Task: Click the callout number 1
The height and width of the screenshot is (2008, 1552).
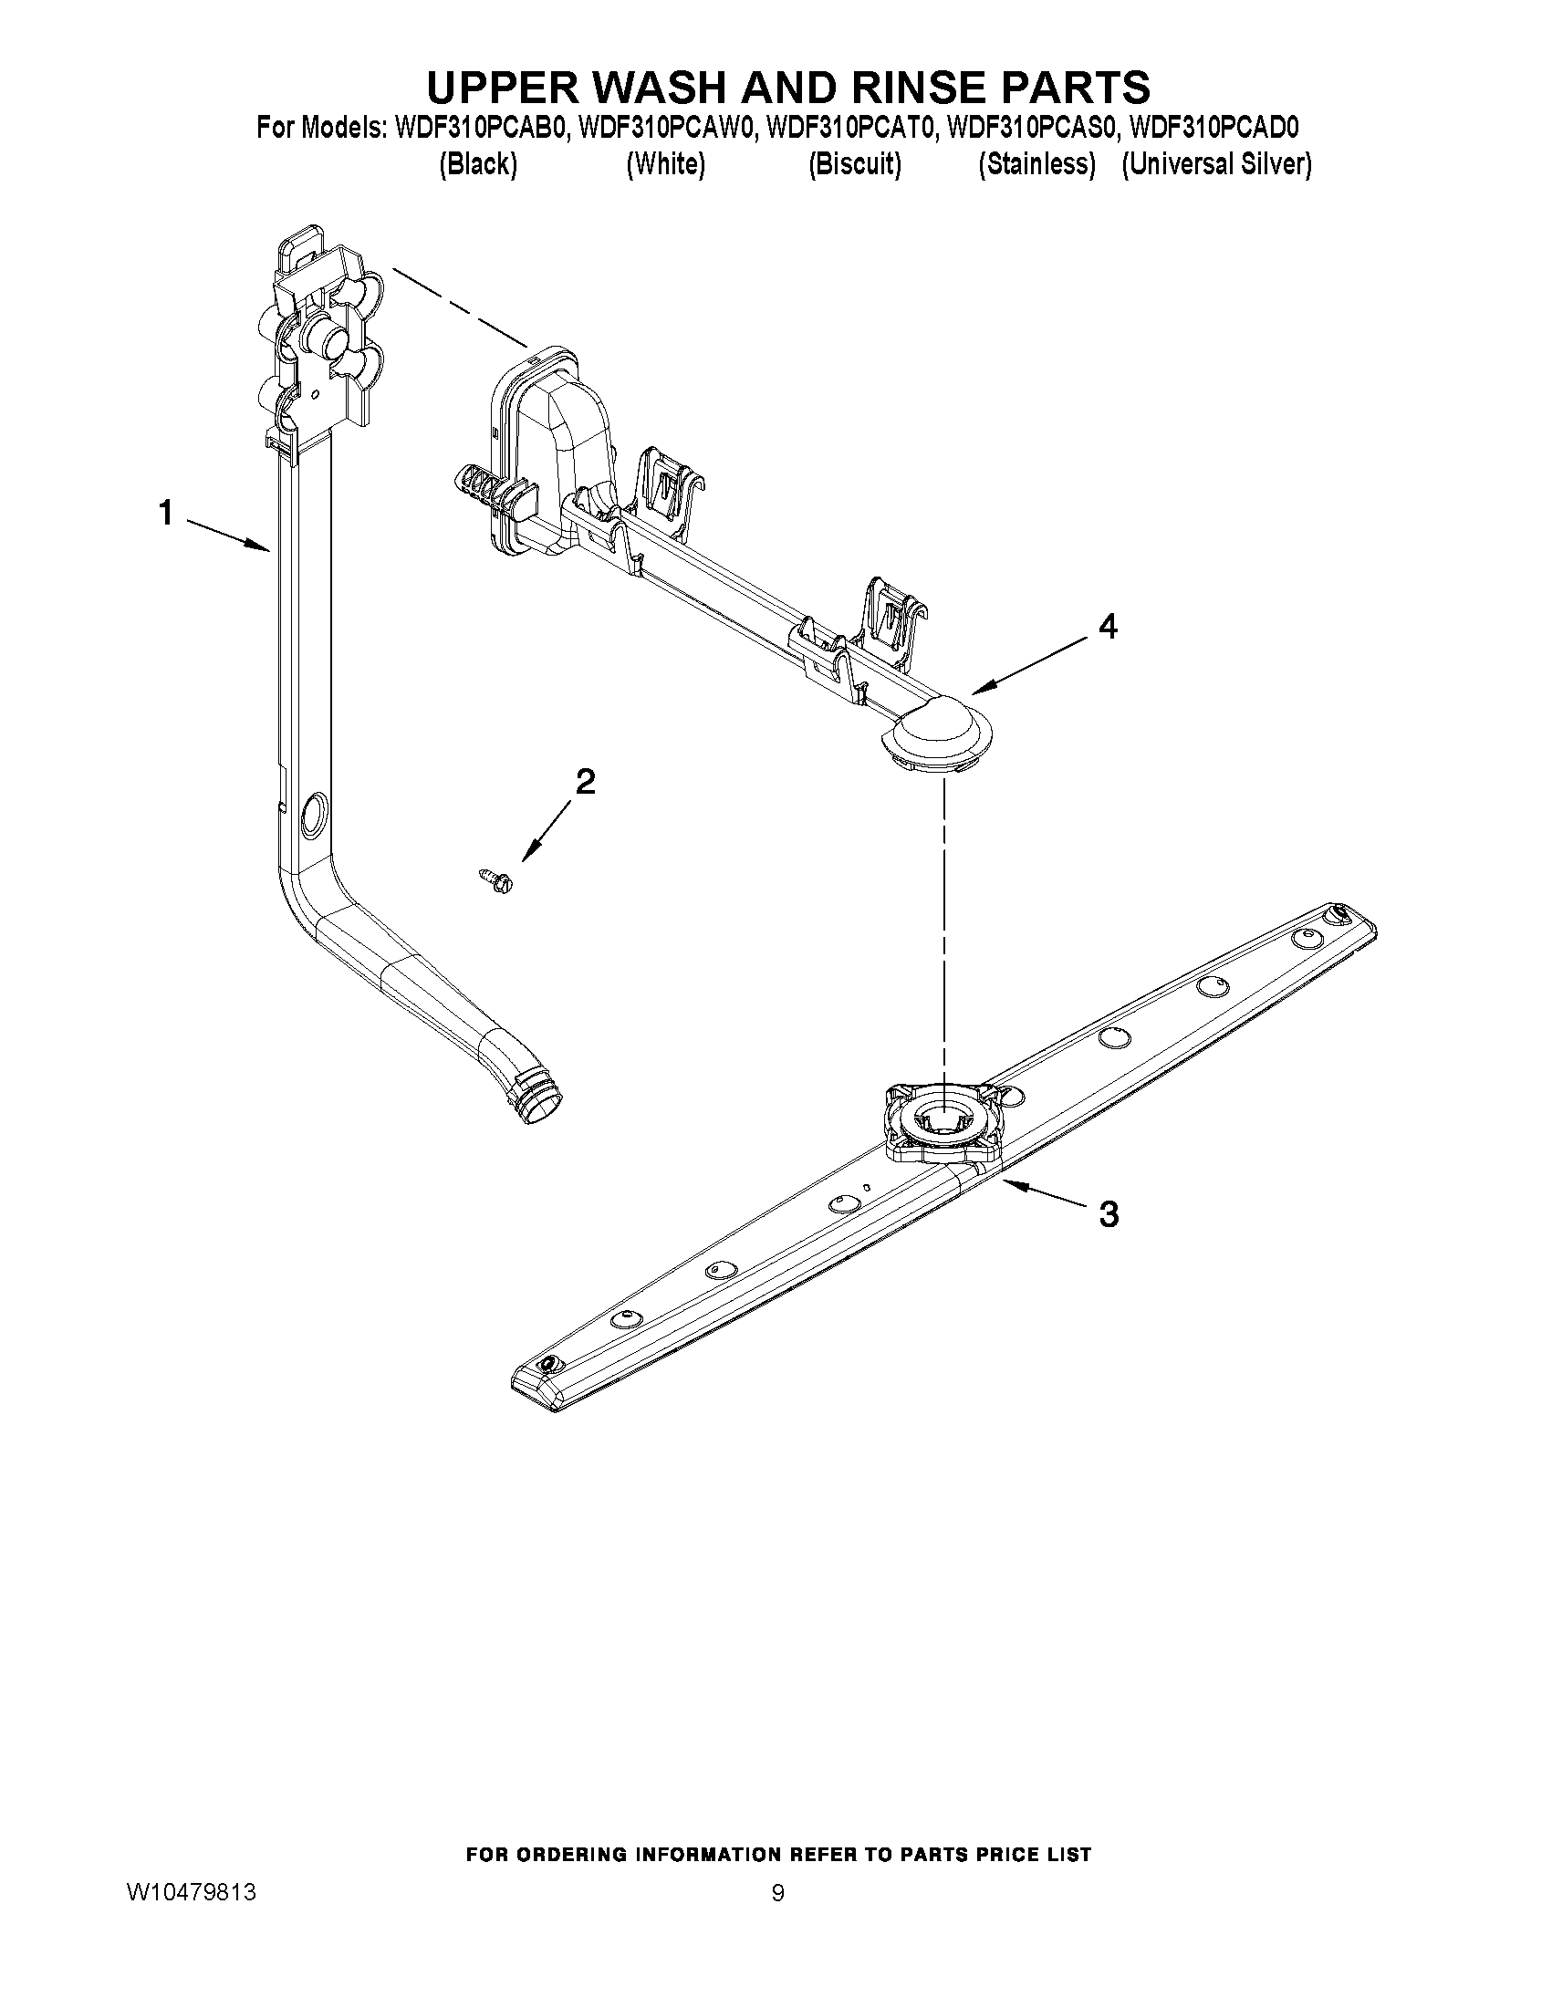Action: click(x=165, y=512)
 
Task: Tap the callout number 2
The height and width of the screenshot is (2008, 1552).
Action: click(x=585, y=782)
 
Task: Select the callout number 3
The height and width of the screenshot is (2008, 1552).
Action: click(x=1109, y=1213)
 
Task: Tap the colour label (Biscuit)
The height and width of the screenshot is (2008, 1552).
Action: click(x=854, y=164)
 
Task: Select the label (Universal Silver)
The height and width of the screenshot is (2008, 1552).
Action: click(x=1215, y=164)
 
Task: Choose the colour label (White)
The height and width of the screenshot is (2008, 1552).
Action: click(x=666, y=164)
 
